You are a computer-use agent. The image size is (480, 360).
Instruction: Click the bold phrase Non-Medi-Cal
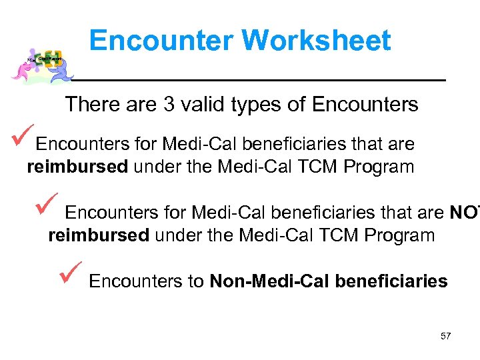pos(269,281)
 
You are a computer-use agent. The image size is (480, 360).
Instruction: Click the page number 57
pos(445,336)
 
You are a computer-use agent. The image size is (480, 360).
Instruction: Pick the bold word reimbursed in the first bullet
pos(77,167)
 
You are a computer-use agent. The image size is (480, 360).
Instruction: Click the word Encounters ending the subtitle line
pos(365,105)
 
